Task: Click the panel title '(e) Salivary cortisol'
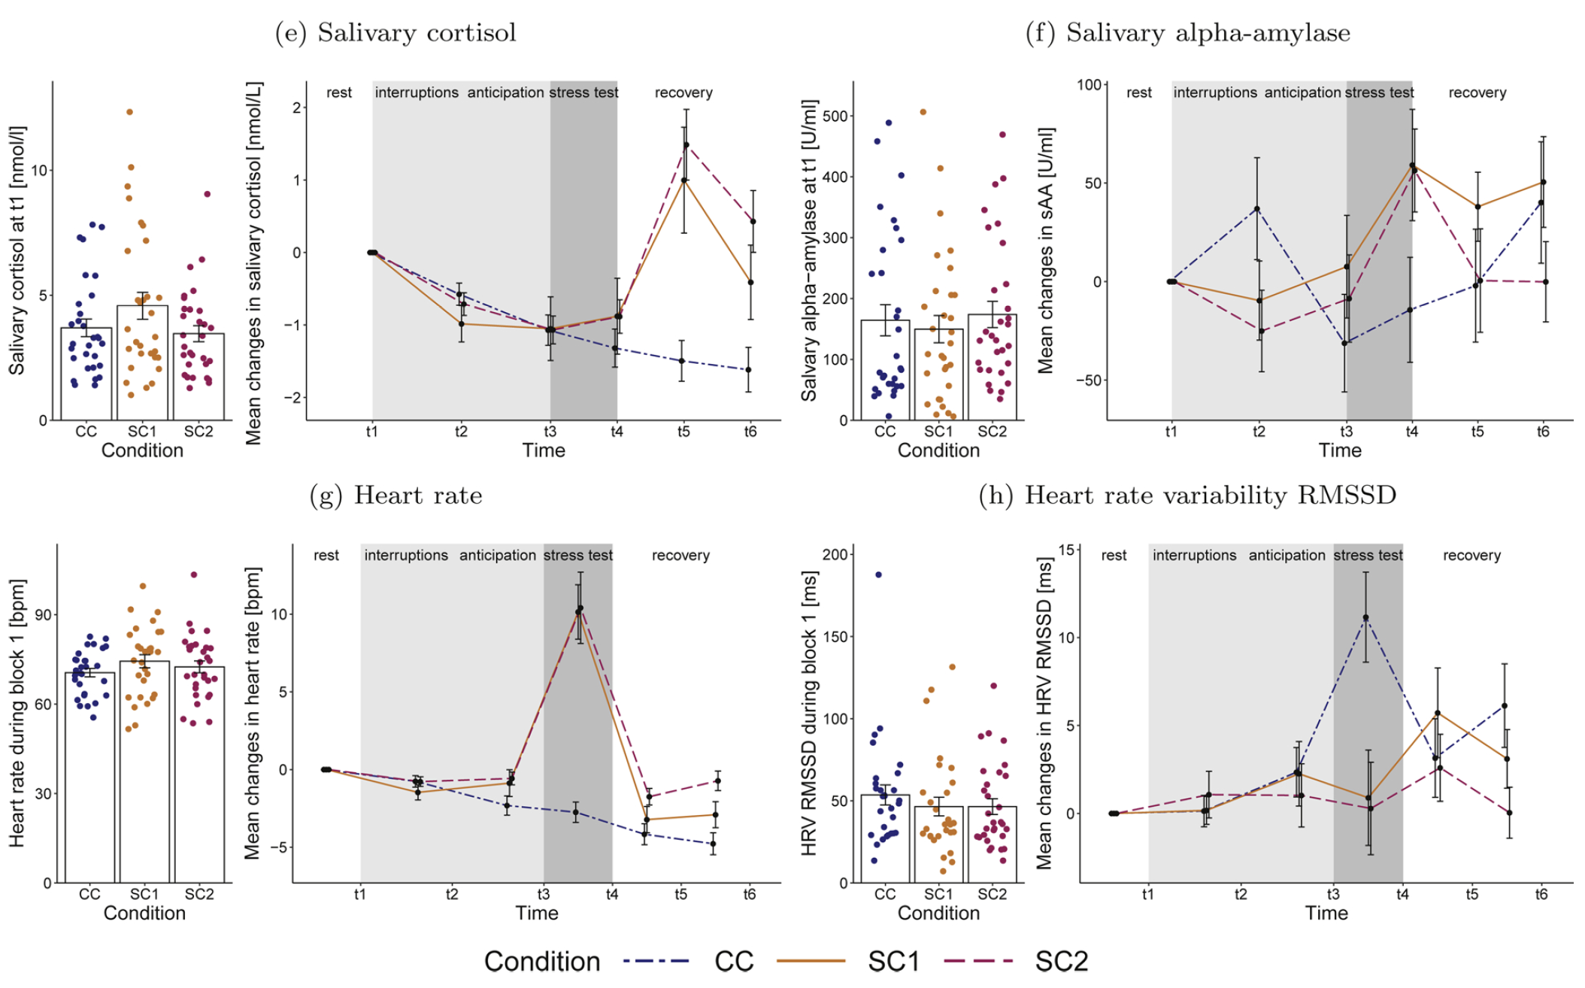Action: coord(395,33)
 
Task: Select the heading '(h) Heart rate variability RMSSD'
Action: coord(1187,496)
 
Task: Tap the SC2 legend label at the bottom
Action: coord(1061,962)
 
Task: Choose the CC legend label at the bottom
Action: coord(733,962)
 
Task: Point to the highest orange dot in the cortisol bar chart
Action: coord(129,112)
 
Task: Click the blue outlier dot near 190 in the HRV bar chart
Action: coord(878,575)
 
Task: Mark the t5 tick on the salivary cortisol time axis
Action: coord(683,432)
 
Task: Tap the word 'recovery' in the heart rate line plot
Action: coord(680,556)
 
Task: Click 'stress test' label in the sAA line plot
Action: coord(1379,92)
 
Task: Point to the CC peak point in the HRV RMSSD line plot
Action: coord(1365,618)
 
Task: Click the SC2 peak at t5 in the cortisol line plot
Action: coord(686,145)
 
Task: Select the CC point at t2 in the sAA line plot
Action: coord(1256,209)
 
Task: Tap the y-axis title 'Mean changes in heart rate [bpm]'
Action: coord(252,713)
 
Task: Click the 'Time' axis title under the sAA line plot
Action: coord(1339,450)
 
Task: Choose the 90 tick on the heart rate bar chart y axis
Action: coord(44,615)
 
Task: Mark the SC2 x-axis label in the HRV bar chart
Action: coord(992,894)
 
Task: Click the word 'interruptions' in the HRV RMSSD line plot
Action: coord(1194,556)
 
